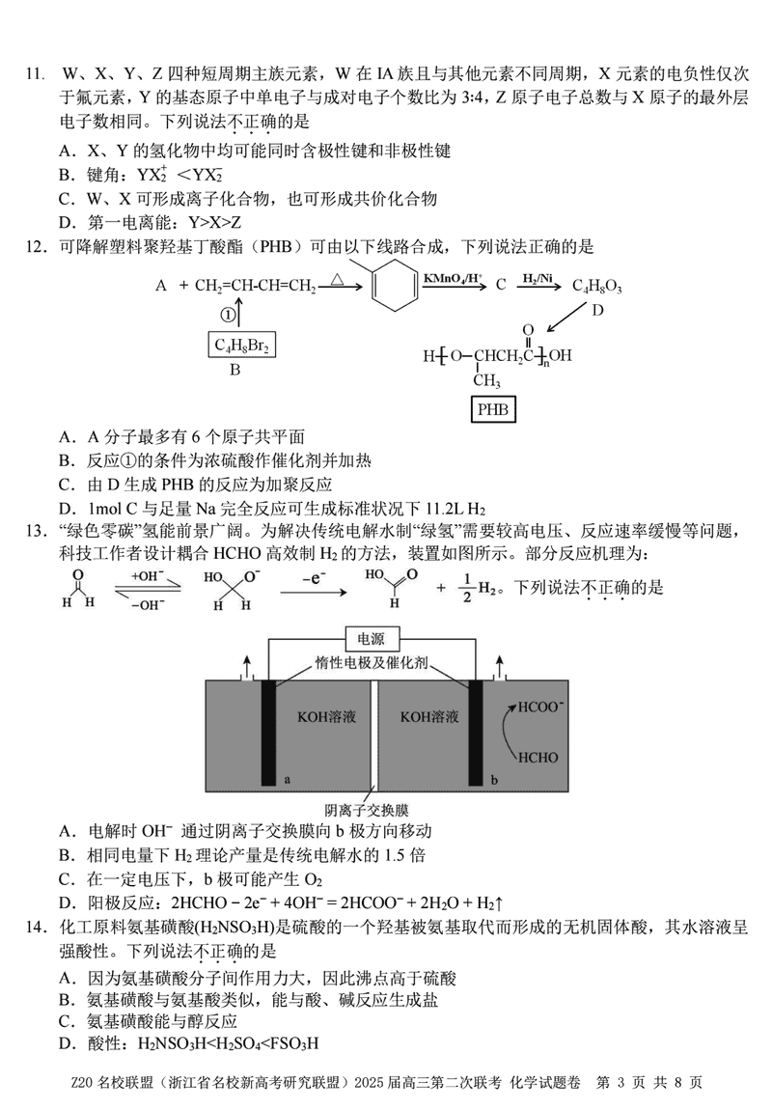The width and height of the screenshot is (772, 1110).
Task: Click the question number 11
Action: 34,74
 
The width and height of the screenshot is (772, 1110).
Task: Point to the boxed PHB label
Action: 493,411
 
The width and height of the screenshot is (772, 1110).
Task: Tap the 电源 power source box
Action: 371,639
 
